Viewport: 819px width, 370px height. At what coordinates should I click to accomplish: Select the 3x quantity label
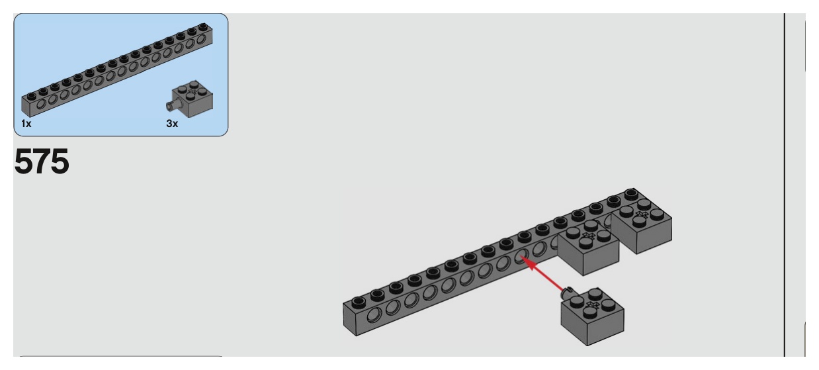point(171,124)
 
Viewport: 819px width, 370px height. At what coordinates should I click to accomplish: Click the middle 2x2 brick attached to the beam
point(589,245)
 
